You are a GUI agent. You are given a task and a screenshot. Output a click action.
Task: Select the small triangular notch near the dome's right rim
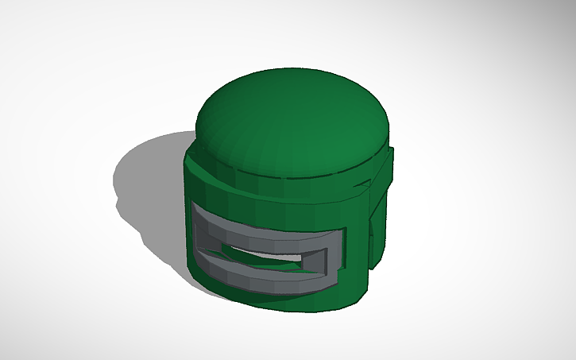[x=364, y=184]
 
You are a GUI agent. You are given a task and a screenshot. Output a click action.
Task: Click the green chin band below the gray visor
[x=270, y=294]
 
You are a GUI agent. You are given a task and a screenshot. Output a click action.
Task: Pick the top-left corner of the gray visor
[x=195, y=206]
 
